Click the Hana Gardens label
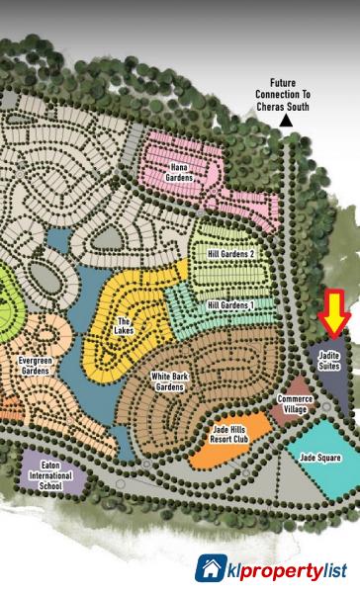[x=178, y=172]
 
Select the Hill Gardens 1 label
[x=229, y=306]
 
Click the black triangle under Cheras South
[x=286, y=121]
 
